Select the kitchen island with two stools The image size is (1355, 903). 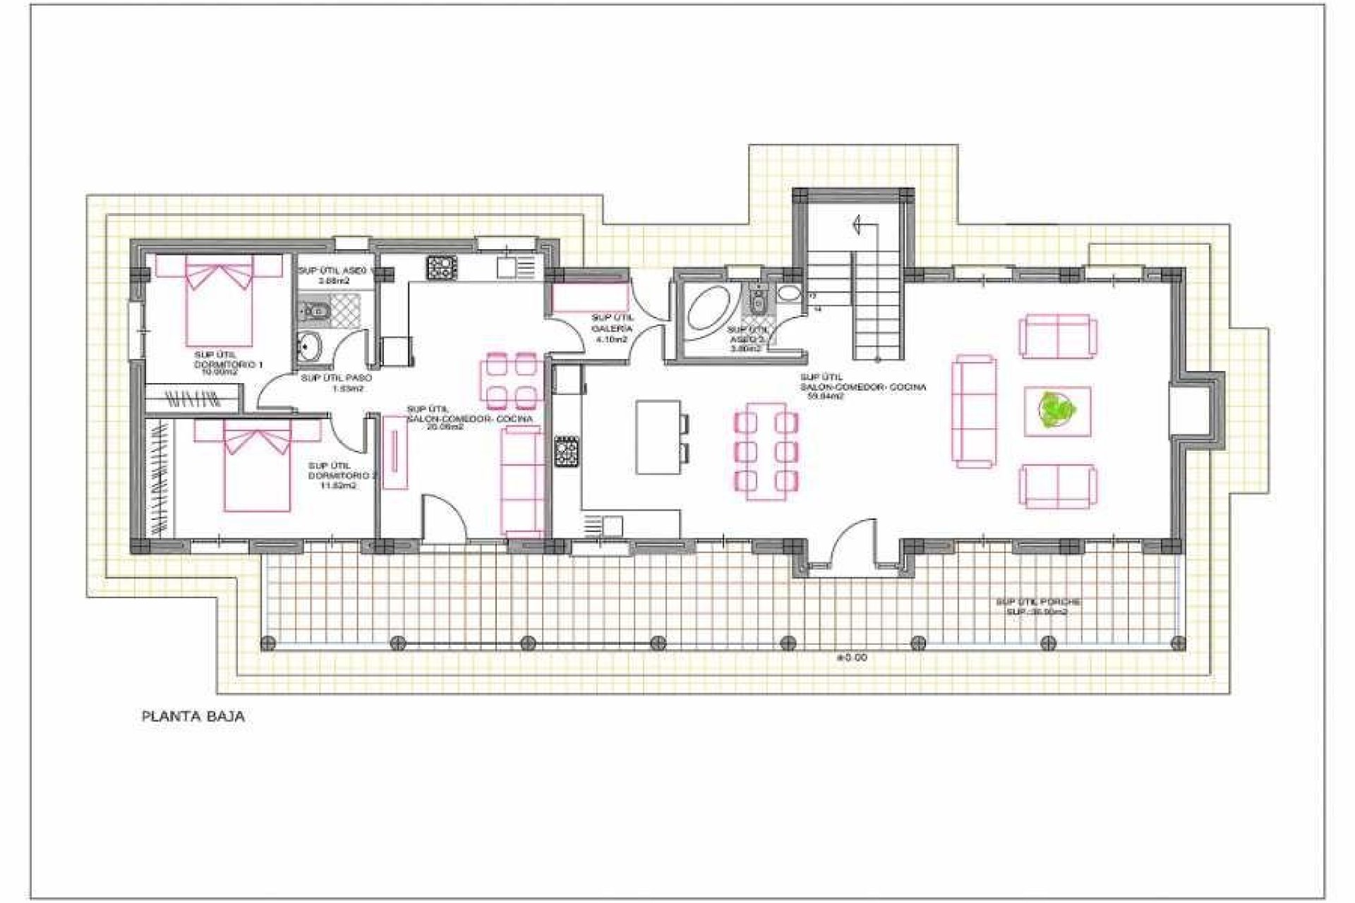(659, 437)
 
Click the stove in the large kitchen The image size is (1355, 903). (567, 452)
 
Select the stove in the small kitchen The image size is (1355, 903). (441, 267)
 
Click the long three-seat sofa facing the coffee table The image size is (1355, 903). (975, 411)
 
